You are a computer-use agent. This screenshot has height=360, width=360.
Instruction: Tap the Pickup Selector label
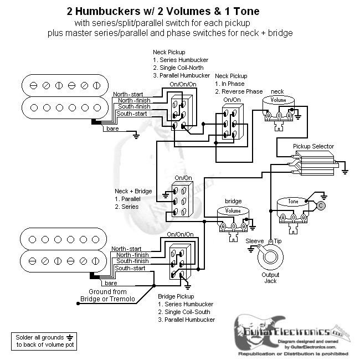(313, 146)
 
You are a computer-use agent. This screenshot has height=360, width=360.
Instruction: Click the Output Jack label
(270, 278)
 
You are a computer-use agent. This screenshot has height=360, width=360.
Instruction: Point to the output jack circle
(271, 258)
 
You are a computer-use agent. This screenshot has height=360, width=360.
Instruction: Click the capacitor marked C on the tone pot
(321, 205)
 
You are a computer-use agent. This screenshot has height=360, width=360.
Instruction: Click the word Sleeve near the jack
(254, 241)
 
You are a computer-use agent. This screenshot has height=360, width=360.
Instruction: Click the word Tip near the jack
(278, 241)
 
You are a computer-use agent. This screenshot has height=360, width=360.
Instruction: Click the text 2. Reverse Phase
(239, 91)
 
